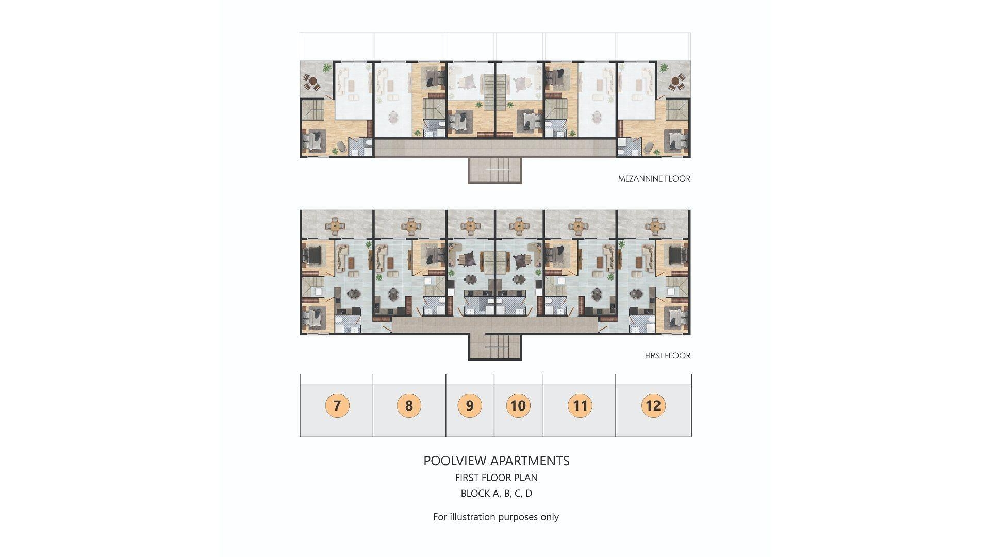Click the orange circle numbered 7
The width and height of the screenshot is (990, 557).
[337, 405]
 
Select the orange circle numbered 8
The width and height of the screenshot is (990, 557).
[409, 405]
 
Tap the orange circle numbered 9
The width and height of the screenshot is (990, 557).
[470, 405]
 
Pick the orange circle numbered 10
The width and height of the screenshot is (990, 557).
[518, 405]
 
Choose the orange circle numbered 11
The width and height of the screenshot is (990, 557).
[580, 405]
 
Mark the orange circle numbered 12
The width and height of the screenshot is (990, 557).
[653, 405]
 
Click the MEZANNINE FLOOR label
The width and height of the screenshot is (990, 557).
[654, 178]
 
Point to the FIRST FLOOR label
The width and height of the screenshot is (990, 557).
[668, 355]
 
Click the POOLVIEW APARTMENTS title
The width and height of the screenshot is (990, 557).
[497, 461]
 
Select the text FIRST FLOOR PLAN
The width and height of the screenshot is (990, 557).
[497, 478]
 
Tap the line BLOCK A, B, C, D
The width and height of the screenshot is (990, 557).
[497, 494]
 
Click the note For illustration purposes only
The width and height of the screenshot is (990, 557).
[496, 517]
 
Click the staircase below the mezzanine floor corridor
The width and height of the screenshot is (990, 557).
[495, 170]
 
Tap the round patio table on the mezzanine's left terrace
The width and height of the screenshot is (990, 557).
[310, 81]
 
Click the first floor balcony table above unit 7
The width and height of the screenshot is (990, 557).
[336, 225]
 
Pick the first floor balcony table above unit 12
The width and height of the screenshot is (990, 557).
[654, 225]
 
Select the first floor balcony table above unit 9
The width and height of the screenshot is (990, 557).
[470, 225]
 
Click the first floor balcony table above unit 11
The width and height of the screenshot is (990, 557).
[580, 225]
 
